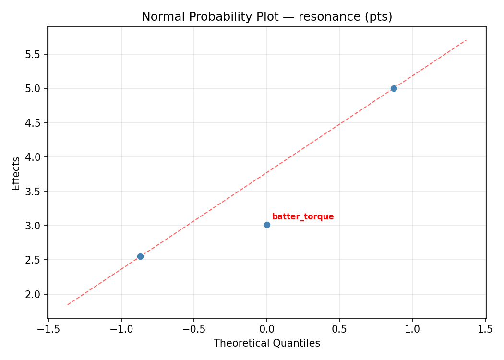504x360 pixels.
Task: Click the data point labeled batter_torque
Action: pos(267,225)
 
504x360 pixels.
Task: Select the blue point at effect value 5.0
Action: pos(394,88)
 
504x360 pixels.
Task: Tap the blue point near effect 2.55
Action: pos(140,256)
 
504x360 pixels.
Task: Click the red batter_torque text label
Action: pos(302,216)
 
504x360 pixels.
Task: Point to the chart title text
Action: pos(267,17)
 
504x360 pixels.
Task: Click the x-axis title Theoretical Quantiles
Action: pos(267,343)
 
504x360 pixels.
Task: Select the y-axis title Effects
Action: pos(16,173)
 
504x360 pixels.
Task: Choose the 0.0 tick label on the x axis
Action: pos(267,329)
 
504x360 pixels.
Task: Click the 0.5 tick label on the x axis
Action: pos(340,329)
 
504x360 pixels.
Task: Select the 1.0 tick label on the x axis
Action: pos(413,329)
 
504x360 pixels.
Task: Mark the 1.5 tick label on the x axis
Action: pos(485,329)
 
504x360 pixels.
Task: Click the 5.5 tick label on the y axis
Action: pos(34,54)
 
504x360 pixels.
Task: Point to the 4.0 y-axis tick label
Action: pos(34,157)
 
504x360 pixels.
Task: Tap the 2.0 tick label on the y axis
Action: pos(34,294)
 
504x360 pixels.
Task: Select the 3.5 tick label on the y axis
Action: pos(34,192)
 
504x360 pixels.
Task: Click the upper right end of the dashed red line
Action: pos(466,40)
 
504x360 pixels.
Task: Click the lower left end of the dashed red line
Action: pos(68,305)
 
